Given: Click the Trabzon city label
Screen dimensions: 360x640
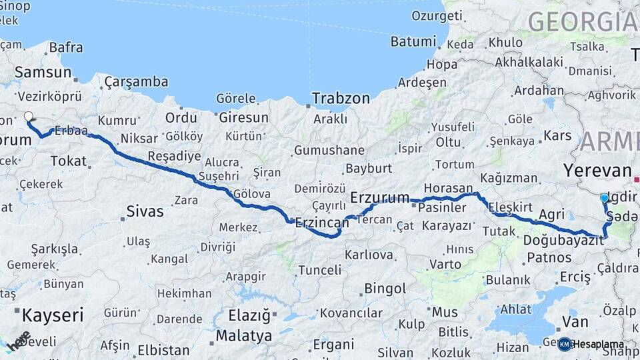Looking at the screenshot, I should [x=341, y=98].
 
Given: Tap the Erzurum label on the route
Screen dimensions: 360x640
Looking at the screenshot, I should [x=379, y=197].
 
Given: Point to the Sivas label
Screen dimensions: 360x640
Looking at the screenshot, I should [x=145, y=212].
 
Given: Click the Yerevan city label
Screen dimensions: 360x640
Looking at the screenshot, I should [x=597, y=170].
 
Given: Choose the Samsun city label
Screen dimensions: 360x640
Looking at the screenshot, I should [x=43, y=72].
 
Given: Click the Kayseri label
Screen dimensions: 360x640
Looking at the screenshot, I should [x=53, y=315].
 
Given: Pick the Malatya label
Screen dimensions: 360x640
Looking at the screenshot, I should [x=243, y=335].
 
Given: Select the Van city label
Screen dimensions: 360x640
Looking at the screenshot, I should [x=575, y=322].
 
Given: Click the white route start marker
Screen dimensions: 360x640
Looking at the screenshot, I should [x=29, y=117].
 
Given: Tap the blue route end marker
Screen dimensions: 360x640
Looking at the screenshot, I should [x=605, y=197].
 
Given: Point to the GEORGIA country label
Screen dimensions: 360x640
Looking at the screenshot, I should [x=583, y=22].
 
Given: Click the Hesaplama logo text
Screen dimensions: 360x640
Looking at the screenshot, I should [x=598, y=344].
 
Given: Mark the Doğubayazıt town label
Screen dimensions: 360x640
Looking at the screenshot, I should [x=563, y=239].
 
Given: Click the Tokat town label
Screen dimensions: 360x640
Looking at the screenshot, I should [x=69, y=161].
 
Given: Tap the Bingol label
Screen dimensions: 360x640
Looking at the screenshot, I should [x=385, y=289].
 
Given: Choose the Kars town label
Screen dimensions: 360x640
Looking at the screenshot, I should [x=558, y=136].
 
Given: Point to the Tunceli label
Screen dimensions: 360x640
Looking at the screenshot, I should [x=319, y=270].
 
